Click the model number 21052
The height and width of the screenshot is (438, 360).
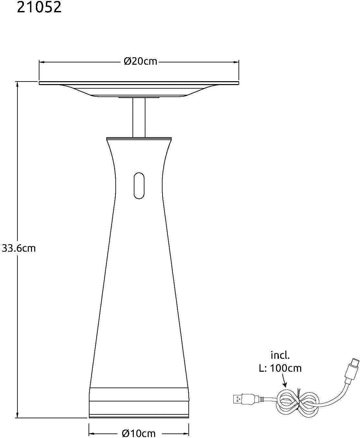pyautogui.click(x=39, y=7)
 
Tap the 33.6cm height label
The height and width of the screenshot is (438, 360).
pyautogui.click(x=19, y=248)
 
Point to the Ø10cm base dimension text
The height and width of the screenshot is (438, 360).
pyautogui.click(x=139, y=433)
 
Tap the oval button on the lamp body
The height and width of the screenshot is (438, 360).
pyautogui.click(x=139, y=185)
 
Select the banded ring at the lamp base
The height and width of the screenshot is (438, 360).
pyautogui.click(x=139, y=401)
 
